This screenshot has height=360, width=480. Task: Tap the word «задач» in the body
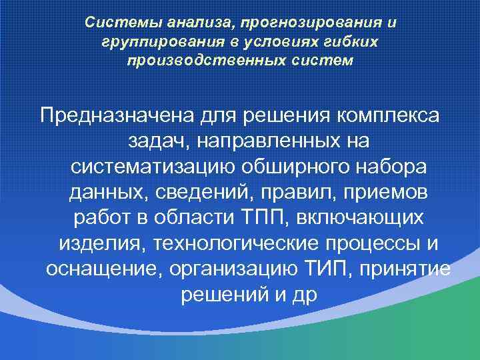pos(157,141)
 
